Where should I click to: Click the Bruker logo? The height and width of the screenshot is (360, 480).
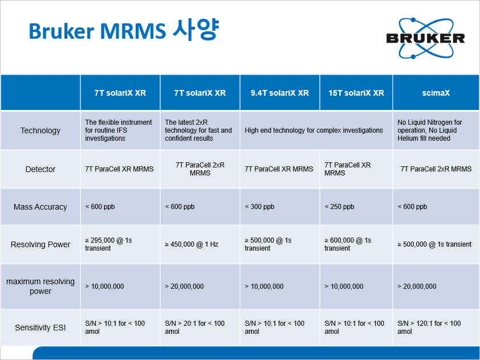pos(425,38)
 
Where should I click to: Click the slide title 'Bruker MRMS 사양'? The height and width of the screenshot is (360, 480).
pos(124,30)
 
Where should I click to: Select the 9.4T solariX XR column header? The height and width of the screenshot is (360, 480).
pos(280,93)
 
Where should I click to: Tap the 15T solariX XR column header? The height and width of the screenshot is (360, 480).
pos(356,93)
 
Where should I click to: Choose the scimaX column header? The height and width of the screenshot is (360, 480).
pos(436,93)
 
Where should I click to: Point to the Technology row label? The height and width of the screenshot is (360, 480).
pos(40,130)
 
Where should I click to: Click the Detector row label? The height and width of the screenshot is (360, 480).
pos(40,169)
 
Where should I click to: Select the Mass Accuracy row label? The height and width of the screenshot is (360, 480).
pos(40,207)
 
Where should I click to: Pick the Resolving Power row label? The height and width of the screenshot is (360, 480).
pos(40,244)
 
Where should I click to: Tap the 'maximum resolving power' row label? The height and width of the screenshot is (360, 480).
pos(40,286)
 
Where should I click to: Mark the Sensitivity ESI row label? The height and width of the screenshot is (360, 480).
pos(40,328)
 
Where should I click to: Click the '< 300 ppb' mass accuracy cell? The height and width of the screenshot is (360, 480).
pos(259,207)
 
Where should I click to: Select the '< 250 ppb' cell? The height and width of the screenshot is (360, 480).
pos(339,207)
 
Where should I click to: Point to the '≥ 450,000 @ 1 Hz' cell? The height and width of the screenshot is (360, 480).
pos(192,244)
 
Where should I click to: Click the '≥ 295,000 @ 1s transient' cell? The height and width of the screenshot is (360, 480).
pos(108,244)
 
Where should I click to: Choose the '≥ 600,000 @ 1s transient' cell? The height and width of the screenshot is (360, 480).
pos(348,244)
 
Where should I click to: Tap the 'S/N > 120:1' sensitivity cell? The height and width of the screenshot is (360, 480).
pos(429,328)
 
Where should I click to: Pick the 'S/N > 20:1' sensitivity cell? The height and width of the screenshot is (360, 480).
pos(195,328)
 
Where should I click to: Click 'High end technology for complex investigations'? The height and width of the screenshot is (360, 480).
pos(314,130)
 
